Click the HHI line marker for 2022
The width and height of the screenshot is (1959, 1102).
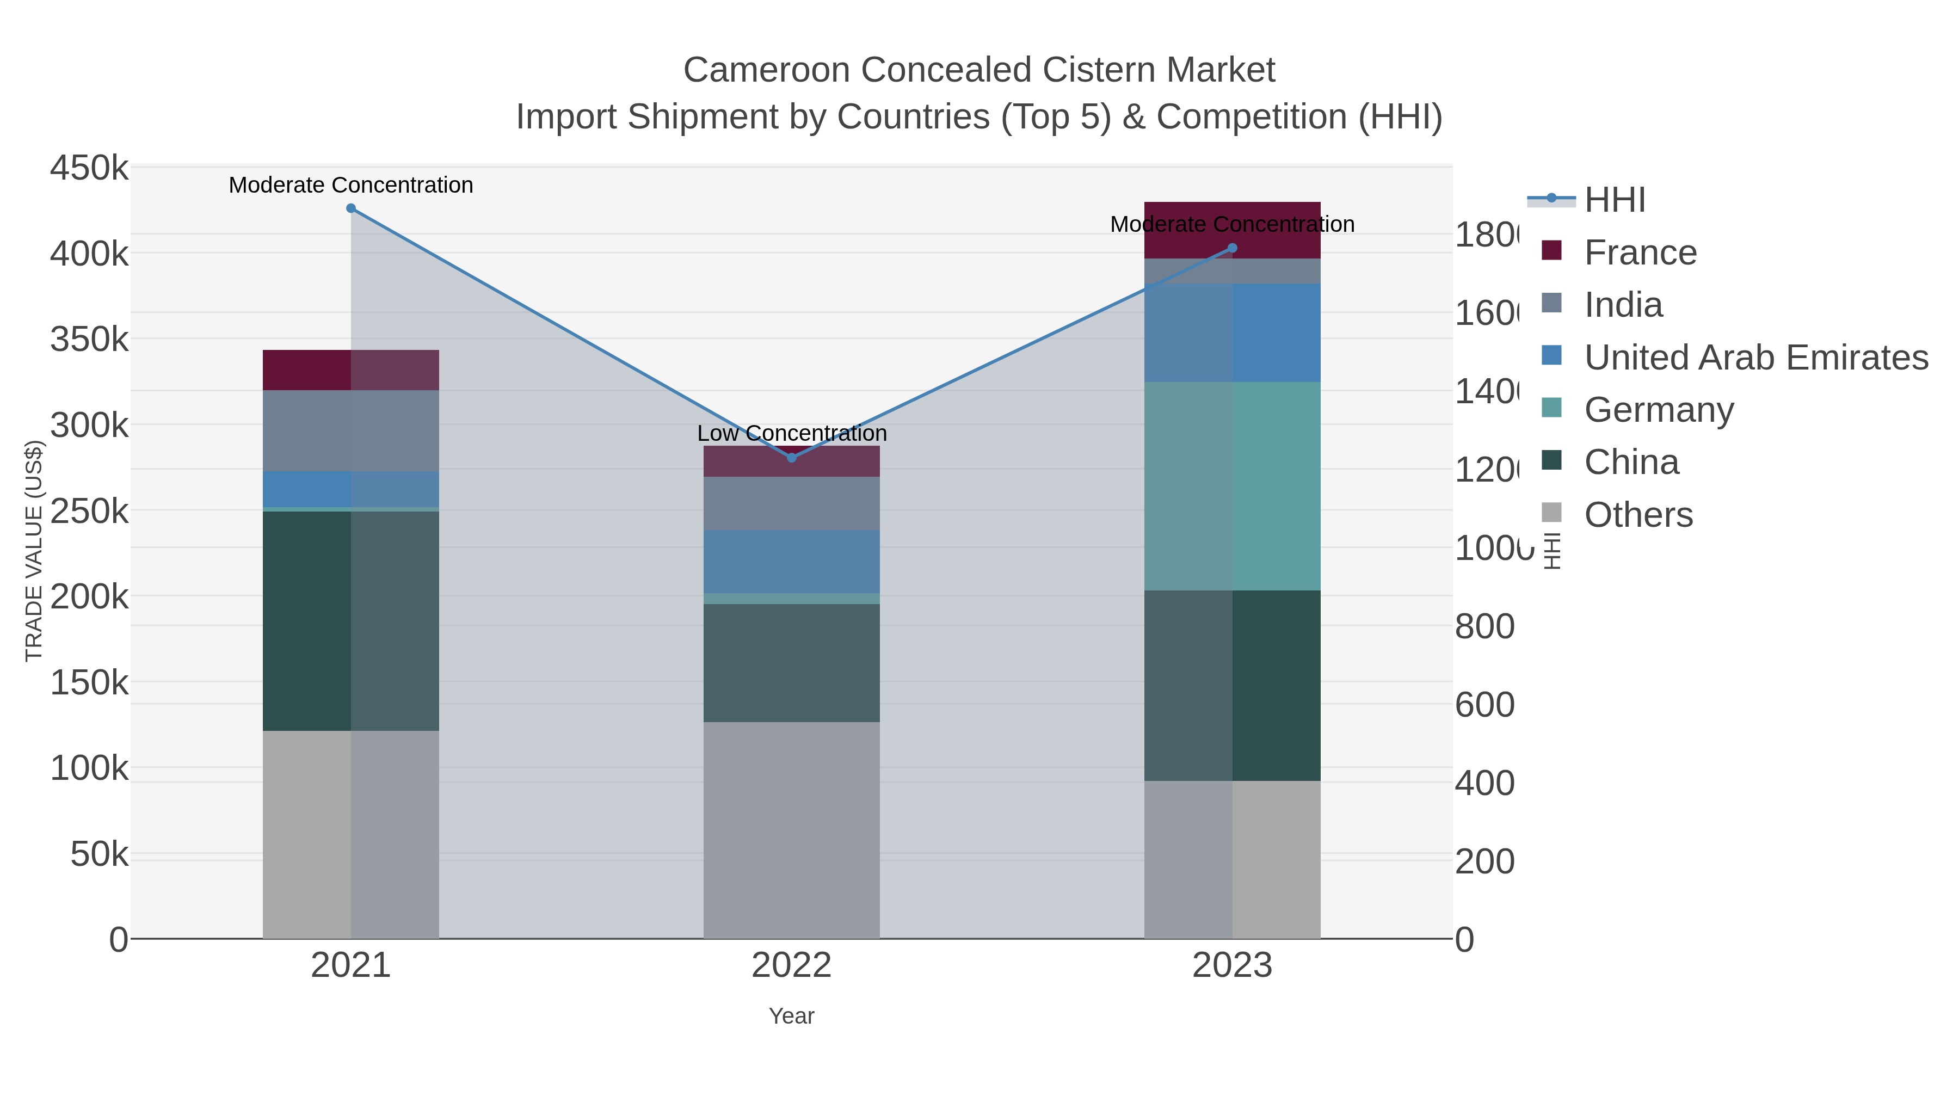coord(792,458)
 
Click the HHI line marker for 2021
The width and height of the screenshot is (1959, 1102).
coord(350,208)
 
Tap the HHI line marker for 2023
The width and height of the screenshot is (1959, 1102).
coord(1233,248)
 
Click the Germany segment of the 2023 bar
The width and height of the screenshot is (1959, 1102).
coord(1233,486)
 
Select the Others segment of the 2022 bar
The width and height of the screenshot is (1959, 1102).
coord(792,830)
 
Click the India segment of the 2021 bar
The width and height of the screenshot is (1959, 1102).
coord(350,430)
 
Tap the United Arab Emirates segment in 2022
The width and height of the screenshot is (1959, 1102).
coord(792,561)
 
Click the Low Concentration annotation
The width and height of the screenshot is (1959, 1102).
coord(792,434)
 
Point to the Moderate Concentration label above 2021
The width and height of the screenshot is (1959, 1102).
coord(350,185)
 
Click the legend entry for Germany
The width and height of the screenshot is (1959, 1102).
coord(1659,410)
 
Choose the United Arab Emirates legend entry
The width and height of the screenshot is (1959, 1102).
coord(1755,358)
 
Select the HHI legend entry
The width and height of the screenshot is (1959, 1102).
coord(1615,200)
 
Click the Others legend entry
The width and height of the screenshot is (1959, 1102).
coord(1638,515)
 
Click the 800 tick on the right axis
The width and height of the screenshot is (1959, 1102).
coord(1484,627)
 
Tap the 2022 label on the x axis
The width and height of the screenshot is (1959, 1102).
coord(792,966)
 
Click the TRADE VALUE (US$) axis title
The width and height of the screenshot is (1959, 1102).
coord(33,551)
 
